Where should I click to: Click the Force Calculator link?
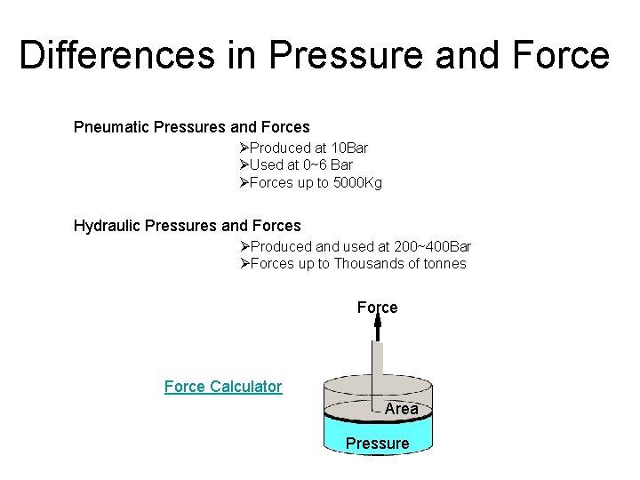point(223,387)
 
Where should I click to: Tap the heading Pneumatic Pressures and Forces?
point(191,127)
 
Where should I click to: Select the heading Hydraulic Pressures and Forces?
point(187,226)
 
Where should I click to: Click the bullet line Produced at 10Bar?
point(308,148)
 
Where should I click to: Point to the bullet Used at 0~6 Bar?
point(300,164)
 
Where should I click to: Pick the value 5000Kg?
point(356,183)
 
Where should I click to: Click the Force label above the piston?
point(377,308)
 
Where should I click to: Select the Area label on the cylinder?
point(401,409)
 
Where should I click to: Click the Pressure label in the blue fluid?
point(377,444)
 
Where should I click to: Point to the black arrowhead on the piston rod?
point(377,329)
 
